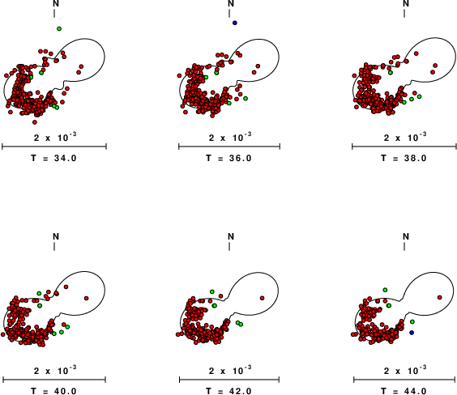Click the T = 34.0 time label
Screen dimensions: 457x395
tap(54, 158)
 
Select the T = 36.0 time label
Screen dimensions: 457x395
tap(228, 158)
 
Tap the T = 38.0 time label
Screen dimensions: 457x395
tap(404, 158)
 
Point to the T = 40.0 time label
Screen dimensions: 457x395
tap(54, 391)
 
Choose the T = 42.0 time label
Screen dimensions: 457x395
tap(228, 391)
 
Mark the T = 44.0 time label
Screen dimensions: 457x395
tap(404, 391)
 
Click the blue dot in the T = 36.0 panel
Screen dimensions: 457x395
tap(235, 23)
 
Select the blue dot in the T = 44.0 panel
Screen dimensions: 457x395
tap(412, 333)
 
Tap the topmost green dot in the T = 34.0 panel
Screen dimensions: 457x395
tap(59, 28)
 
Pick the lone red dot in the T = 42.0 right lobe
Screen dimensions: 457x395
tap(263, 298)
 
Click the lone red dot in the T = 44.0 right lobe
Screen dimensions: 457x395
tap(440, 297)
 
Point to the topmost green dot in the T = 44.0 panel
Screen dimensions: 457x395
tap(385, 290)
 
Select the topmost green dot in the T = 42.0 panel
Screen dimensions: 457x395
tap(212, 291)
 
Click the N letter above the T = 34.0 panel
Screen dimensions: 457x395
tap(56, 3)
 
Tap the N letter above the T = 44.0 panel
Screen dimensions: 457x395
tap(406, 236)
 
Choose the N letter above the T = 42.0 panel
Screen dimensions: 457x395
tap(231, 236)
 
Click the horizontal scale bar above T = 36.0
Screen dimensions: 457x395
tap(229, 147)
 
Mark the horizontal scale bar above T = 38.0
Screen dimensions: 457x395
tap(404, 147)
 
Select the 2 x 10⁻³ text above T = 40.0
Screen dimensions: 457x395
tap(55, 371)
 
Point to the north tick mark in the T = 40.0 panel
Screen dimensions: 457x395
tap(54, 246)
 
